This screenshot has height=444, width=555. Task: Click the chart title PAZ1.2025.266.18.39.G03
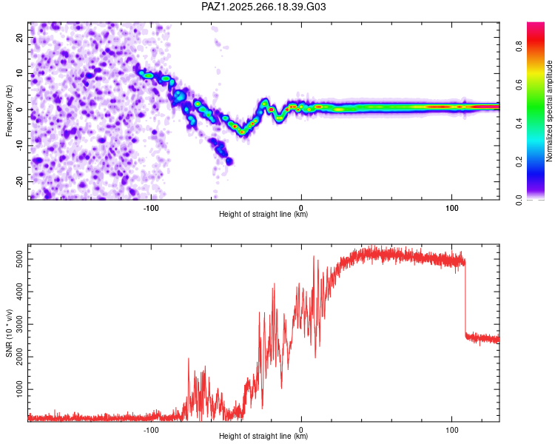click(x=263, y=7)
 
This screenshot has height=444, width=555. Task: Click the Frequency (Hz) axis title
click(x=9, y=110)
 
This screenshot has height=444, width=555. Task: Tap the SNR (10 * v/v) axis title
click(x=9, y=333)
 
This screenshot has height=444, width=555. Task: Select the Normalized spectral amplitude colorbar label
click(x=549, y=110)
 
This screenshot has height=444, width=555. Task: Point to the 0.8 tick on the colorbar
click(x=519, y=46)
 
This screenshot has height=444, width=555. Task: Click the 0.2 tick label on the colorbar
click(x=519, y=161)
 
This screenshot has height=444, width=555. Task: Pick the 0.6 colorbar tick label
click(x=519, y=84)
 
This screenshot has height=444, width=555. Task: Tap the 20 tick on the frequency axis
click(x=20, y=38)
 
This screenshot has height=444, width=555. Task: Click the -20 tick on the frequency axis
click(x=20, y=181)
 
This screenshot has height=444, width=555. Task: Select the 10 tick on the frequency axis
click(x=20, y=74)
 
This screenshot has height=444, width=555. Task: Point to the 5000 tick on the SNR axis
click(x=20, y=259)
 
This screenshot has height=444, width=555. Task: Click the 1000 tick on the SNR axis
click(x=20, y=389)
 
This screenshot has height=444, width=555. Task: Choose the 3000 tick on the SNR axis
click(x=20, y=324)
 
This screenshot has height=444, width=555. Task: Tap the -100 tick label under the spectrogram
click(x=151, y=208)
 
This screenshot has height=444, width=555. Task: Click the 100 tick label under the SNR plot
click(x=452, y=430)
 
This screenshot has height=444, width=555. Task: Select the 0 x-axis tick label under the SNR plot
click(x=301, y=430)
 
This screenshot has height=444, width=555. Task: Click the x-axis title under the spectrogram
click(x=263, y=214)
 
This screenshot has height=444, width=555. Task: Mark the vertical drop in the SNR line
click(x=465, y=297)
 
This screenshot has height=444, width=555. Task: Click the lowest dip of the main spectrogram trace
click(x=242, y=132)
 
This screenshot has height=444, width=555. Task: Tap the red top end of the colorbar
click(x=536, y=24)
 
